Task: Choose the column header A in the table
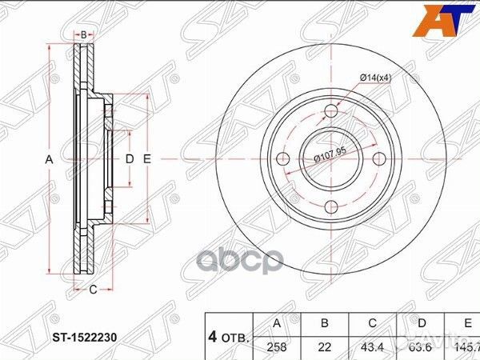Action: coord(276,325)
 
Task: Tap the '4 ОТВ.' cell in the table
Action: coord(229,337)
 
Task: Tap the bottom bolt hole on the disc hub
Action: coord(329,209)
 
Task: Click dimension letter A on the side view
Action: coord(49,160)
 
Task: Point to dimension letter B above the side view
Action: coord(83,34)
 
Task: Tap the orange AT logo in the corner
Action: coord(448,18)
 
